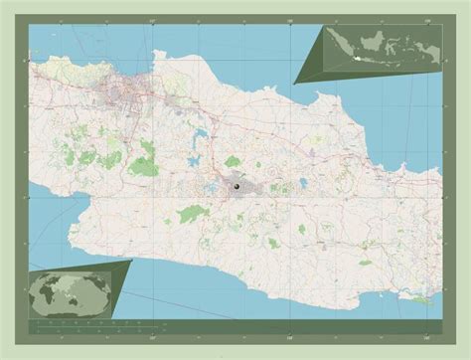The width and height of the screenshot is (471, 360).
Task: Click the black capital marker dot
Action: pos(237,184)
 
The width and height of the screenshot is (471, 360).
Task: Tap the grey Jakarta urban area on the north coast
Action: pos(130,95)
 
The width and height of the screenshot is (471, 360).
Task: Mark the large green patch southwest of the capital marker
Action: pos(189,212)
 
